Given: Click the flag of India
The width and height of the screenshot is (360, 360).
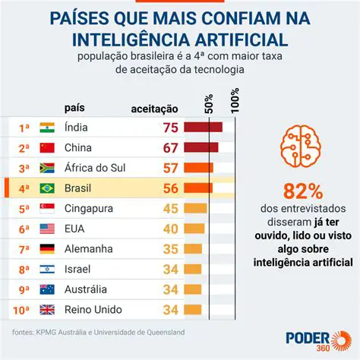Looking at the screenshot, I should [x=47, y=128].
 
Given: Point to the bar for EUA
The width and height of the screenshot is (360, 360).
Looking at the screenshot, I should [x=192, y=229].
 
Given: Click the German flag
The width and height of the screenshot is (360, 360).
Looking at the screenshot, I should [x=47, y=248].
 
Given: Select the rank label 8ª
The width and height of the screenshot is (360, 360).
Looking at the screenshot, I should [x=24, y=269].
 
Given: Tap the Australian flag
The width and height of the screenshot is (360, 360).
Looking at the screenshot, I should [x=47, y=289].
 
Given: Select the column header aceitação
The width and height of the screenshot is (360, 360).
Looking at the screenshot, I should [x=155, y=109].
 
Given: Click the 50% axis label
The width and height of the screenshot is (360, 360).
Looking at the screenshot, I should [x=210, y=102].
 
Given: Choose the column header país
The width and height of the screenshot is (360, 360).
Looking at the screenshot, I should [x=75, y=109].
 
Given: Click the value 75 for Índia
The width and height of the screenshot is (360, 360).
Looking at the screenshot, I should [x=169, y=128].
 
